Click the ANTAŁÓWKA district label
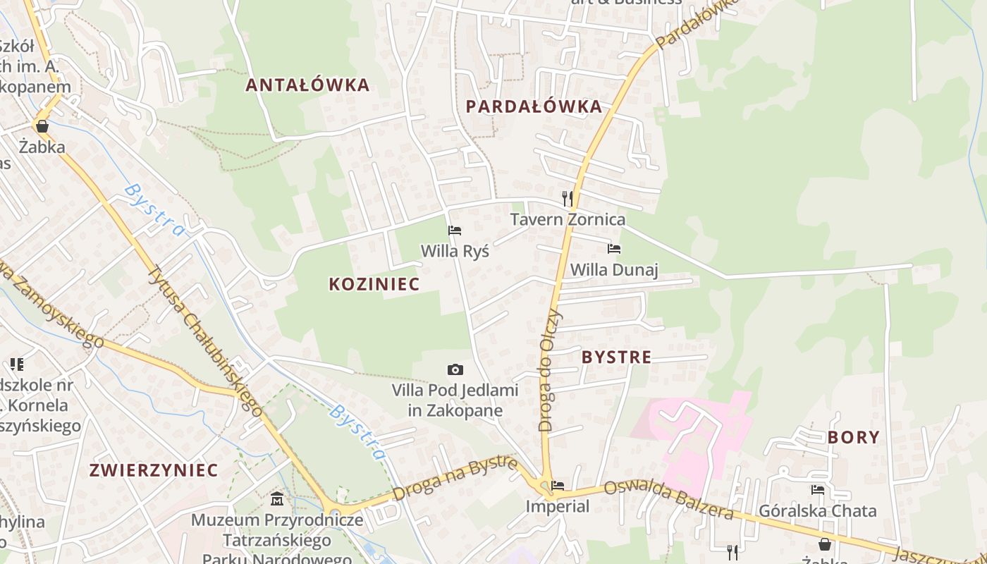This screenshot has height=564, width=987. (307, 85)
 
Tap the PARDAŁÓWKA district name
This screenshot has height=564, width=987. (534, 106)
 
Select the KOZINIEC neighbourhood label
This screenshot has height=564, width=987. (374, 284)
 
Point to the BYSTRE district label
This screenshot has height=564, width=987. (617, 357)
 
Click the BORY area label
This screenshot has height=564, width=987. (854, 437)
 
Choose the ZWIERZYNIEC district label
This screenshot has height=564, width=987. (154, 470)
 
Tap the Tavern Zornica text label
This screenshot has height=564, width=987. (568, 219)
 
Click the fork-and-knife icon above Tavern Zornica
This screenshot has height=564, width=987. (568, 198)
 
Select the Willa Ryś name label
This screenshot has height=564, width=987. (455, 251)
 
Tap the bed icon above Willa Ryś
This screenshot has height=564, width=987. (455, 231)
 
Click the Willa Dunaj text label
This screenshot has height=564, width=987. (614, 269)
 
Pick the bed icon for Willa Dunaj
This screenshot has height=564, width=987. (614, 249)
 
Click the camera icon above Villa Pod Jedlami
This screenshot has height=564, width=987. (455, 369)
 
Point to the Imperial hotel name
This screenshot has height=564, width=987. (558, 506)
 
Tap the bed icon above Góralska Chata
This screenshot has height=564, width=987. (818, 490)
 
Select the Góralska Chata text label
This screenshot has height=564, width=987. (818, 510)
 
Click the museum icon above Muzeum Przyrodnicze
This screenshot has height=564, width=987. (277, 499)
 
